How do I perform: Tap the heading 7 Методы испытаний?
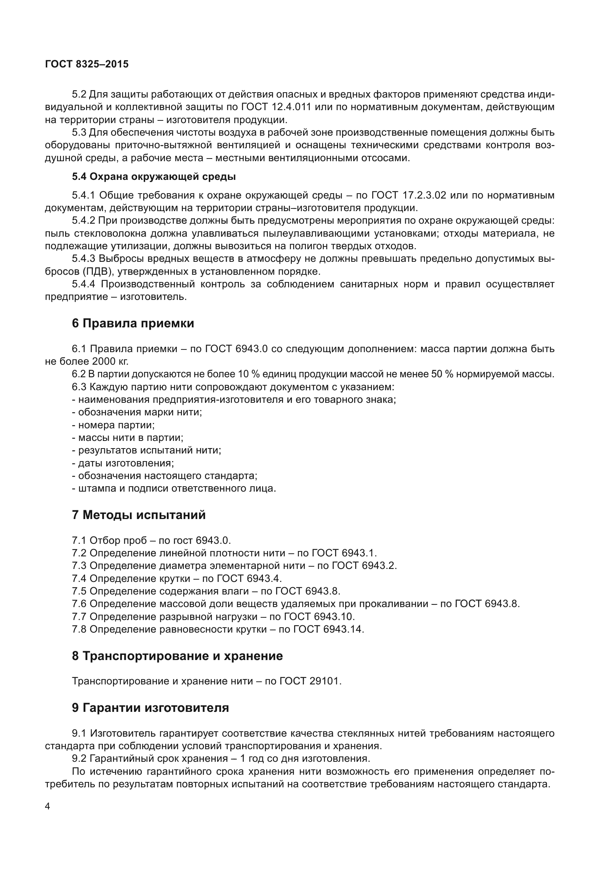pyautogui.click(x=138, y=515)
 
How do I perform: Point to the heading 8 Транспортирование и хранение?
pyautogui.click(x=177, y=656)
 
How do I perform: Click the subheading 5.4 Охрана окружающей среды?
pyautogui.click(x=154, y=177)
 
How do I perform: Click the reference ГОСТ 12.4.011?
pyautogui.click(x=277, y=107)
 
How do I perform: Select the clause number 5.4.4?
pyautogui.click(x=85, y=284)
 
